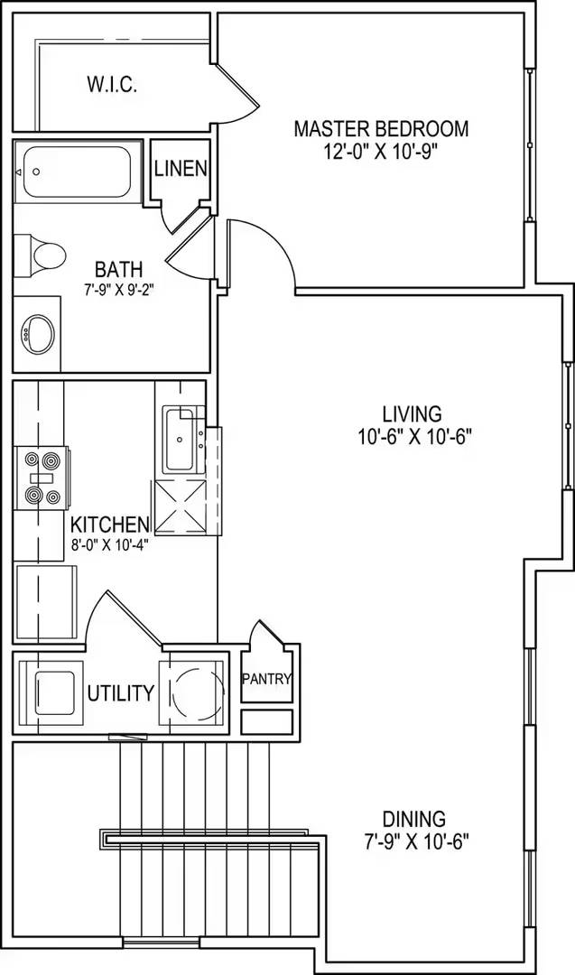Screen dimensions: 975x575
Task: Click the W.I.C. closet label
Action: coord(111,86)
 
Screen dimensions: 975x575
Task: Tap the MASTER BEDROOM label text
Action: coord(381,128)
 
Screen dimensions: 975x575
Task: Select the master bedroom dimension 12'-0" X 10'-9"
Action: coord(381,152)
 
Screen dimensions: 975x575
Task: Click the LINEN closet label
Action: coord(181,169)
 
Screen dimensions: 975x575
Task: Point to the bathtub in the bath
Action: coord(78,172)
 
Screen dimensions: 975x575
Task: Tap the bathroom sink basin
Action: coord(38,334)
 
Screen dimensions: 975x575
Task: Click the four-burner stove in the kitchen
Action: coord(39,477)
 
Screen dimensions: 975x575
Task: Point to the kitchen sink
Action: coord(180,441)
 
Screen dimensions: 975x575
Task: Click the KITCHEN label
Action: coord(110,525)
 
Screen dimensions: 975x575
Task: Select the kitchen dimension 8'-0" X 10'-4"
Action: coord(110,544)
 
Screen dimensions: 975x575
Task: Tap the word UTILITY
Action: coord(120,693)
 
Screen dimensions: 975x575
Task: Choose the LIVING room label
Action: coord(413,414)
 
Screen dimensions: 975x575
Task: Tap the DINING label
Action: coord(413,820)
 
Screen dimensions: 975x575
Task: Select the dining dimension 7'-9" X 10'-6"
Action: coord(413,842)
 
